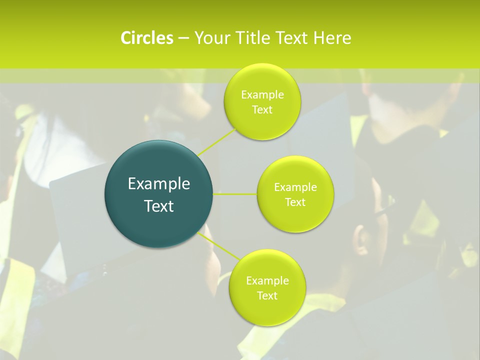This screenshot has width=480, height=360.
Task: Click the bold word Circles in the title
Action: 146,38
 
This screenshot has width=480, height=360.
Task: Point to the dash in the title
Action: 183,38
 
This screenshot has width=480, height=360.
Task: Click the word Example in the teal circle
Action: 159,184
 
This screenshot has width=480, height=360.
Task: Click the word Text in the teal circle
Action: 159,206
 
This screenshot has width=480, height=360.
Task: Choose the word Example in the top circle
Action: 262,95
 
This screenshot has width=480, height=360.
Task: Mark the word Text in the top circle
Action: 262,110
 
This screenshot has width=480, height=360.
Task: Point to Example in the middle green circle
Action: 295,187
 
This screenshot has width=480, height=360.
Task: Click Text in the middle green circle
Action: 295,202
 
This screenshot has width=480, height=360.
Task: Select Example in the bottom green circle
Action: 267,281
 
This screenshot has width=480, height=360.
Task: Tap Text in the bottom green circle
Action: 267,296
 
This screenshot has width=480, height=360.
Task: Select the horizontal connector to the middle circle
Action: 235,194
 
